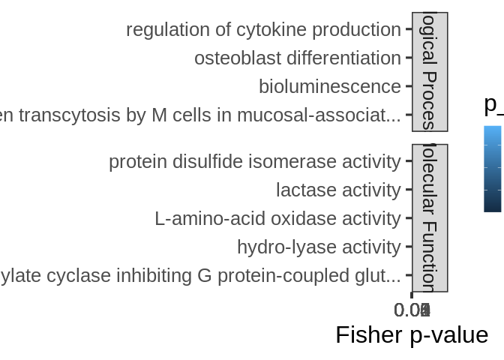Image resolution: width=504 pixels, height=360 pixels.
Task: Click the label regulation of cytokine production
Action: [x=263, y=30]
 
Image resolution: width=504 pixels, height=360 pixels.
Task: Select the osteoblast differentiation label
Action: [x=297, y=58]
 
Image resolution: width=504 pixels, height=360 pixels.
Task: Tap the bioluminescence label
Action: [x=329, y=87]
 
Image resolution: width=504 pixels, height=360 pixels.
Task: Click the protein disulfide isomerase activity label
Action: [x=254, y=162]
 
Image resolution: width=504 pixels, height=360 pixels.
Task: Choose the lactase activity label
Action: [x=338, y=190]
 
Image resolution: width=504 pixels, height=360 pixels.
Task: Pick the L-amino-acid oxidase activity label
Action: [x=277, y=219]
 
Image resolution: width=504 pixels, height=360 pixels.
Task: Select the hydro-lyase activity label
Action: [x=319, y=247]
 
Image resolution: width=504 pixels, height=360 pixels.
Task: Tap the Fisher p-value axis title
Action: [x=412, y=334]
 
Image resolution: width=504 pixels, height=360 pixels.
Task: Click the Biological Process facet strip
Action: [x=430, y=72]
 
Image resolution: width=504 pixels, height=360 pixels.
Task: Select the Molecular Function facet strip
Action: [x=430, y=217]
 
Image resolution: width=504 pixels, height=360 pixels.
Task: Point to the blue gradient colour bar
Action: [x=493, y=169]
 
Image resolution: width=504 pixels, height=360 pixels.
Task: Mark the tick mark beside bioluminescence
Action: [x=409, y=87]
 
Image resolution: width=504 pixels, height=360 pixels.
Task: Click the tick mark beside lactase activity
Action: [x=409, y=190]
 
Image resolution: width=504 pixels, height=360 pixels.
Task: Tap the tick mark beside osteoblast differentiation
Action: [x=409, y=58]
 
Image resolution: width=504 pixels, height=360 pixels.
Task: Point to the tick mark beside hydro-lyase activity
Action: [x=409, y=247]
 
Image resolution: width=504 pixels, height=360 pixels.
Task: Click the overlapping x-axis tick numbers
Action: [x=412, y=309]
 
